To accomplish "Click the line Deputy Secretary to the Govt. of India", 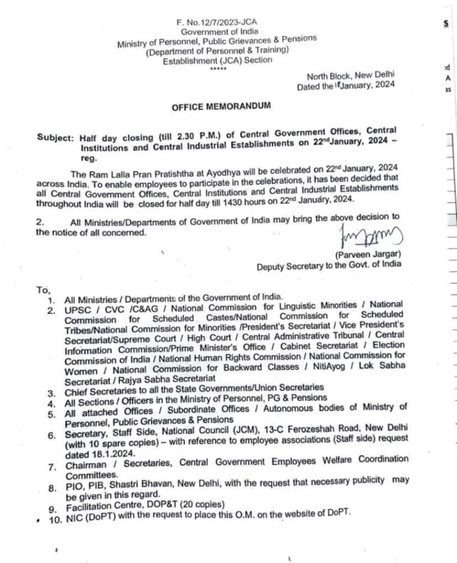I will tap(329, 266).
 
